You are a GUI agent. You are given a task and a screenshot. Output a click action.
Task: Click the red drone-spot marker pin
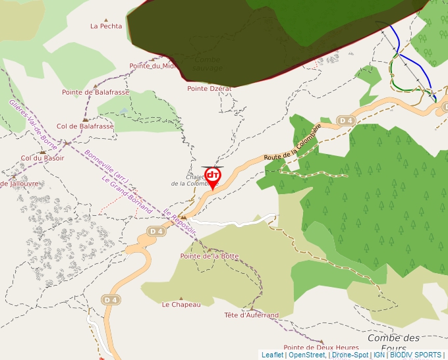click(x=213, y=176)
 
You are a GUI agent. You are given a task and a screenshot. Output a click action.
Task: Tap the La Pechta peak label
click(x=106, y=26)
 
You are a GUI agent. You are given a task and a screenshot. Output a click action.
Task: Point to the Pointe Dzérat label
click(x=209, y=88)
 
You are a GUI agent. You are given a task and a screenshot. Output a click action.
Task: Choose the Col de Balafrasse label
click(x=85, y=126)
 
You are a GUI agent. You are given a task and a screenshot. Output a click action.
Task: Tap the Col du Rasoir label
click(x=43, y=158)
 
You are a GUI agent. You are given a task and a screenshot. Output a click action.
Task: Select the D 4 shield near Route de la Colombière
click(x=346, y=120)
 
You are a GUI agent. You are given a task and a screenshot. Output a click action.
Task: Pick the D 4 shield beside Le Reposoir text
click(x=155, y=231)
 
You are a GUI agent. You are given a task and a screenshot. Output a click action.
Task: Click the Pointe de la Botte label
click(x=210, y=256)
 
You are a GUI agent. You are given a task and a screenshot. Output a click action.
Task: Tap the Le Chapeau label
click(x=181, y=305)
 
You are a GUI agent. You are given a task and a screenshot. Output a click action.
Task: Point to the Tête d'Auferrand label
click(x=251, y=315)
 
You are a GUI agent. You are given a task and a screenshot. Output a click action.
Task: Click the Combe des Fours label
click(x=393, y=343)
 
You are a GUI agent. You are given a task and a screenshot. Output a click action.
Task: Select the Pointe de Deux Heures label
click(x=321, y=347)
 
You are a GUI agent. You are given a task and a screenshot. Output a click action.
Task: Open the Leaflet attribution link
click(x=272, y=355)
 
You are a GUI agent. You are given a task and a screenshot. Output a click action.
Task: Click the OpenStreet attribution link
click(x=306, y=355)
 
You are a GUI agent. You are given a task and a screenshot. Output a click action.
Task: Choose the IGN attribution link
click(x=379, y=355)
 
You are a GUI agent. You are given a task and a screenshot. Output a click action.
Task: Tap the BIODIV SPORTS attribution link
click(x=416, y=355)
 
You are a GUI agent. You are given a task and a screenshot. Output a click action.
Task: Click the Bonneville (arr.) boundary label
click(x=107, y=167)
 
